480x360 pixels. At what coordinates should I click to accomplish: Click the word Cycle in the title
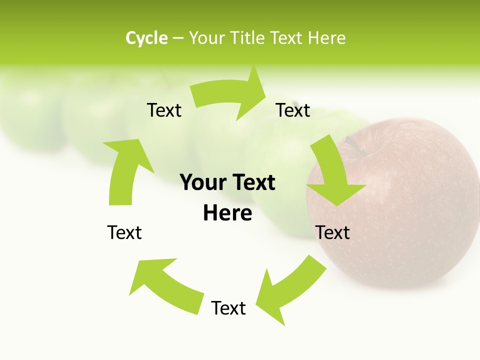146,38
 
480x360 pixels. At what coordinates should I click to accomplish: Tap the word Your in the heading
207,38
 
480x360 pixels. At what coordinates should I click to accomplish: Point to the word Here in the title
326,38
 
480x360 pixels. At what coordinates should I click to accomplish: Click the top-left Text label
164,110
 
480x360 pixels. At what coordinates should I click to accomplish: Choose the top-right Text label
293,110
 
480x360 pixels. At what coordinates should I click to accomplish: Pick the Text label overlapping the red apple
332,232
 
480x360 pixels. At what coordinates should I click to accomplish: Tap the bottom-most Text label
228,308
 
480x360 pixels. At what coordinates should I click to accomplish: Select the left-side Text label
124,232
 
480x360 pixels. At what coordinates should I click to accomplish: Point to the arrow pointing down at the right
332,175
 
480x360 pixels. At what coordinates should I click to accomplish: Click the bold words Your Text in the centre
227,182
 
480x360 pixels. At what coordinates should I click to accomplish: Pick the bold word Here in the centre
227,213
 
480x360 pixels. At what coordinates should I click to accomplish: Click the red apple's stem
354,144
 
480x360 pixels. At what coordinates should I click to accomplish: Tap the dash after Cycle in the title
178,38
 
